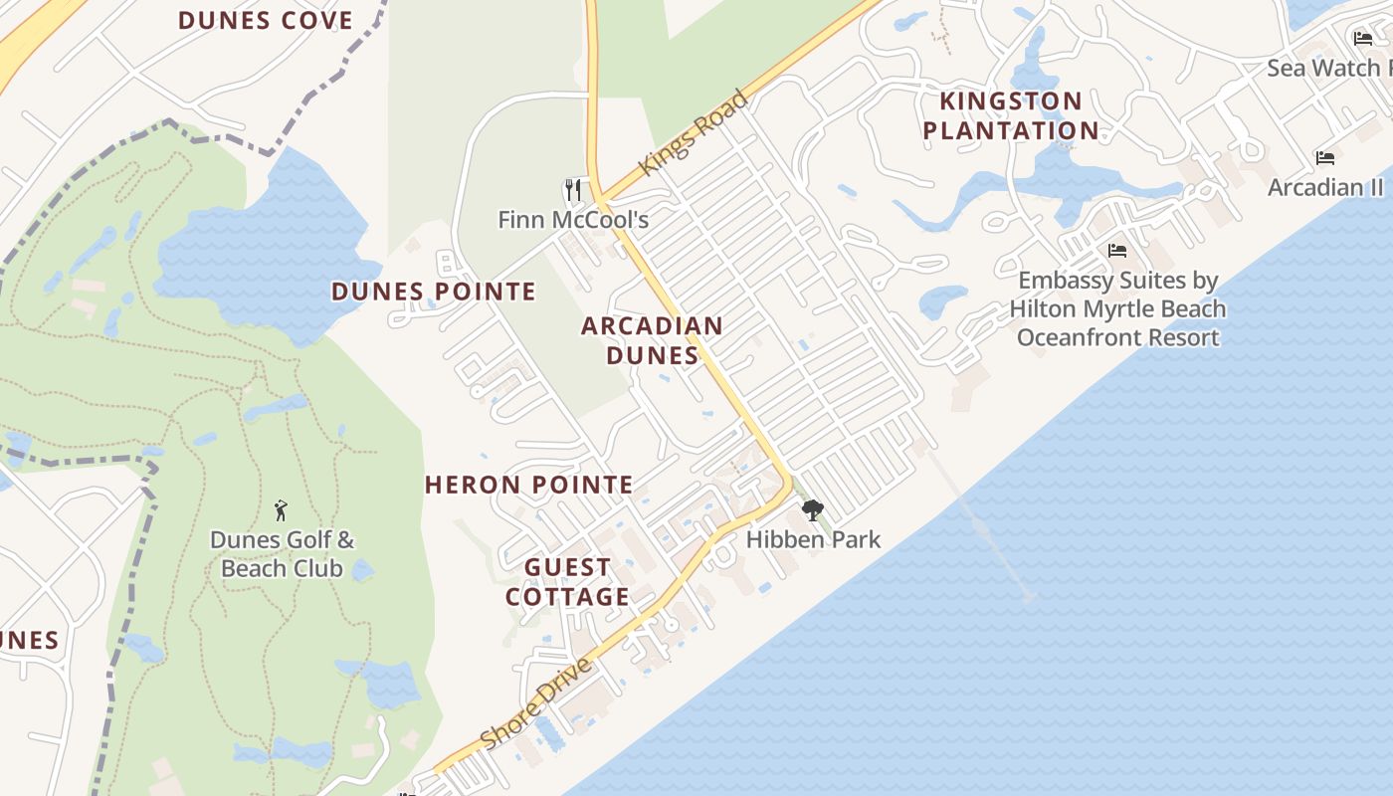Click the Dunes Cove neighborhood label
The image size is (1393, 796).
pyautogui.click(x=266, y=20)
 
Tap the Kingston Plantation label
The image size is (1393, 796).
pyautogui.click(x=1010, y=115)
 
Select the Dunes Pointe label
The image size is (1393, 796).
pyautogui.click(x=433, y=292)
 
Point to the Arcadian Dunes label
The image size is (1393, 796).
pyautogui.click(x=652, y=340)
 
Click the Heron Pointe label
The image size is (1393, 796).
pyautogui.click(x=528, y=485)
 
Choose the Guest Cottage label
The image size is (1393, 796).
pyautogui.click(x=567, y=582)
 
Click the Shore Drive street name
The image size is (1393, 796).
pyautogui.click(x=536, y=702)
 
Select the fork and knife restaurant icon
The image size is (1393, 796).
pyautogui.click(x=573, y=189)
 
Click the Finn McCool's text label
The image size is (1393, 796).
pyautogui.click(x=573, y=219)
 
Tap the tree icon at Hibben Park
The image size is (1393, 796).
pyautogui.click(x=813, y=510)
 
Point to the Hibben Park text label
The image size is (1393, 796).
pyautogui.click(x=813, y=539)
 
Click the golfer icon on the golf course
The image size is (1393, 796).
pyautogui.click(x=282, y=510)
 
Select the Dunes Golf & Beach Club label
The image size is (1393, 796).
pyautogui.click(x=282, y=554)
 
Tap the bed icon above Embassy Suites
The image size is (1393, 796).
pyautogui.click(x=1117, y=251)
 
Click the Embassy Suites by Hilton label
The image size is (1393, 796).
pyautogui.click(x=1117, y=308)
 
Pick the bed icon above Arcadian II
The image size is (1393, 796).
pyautogui.click(x=1324, y=158)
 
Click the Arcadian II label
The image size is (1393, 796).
pyautogui.click(x=1324, y=187)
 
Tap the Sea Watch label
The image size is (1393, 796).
pyautogui.click(x=1328, y=68)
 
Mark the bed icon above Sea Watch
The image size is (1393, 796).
pyautogui.click(x=1363, y=39)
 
